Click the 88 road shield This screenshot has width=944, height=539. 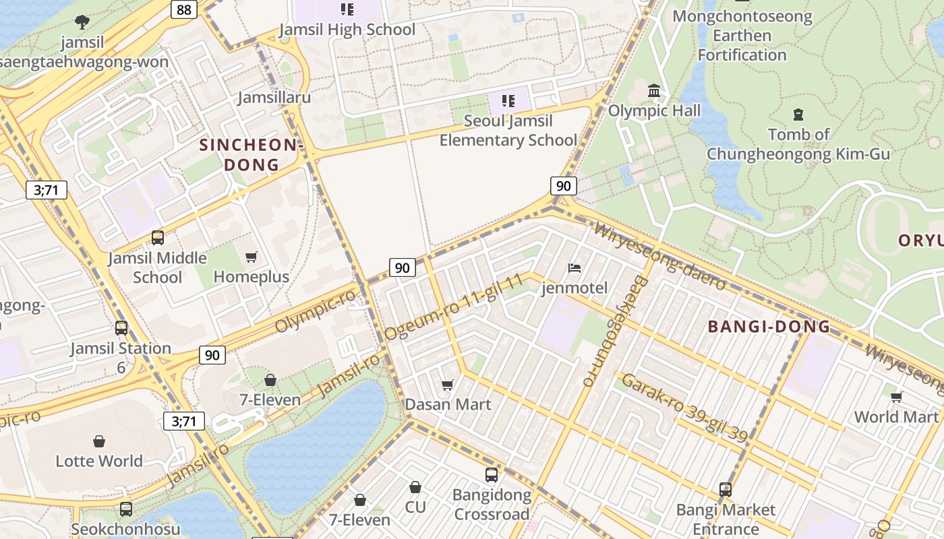[x=183, y=9]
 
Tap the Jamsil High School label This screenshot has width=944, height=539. [x=347, y=30]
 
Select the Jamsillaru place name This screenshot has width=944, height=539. [x=274, y=98]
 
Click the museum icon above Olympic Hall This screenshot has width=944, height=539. [x=654, y=91]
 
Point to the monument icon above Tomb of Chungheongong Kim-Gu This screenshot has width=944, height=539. [x=798, y=115]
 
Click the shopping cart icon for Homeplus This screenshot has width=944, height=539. [x=252, y=257]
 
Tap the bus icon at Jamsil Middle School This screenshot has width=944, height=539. [x=158, y=238]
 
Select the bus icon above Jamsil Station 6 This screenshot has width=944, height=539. [x=121, y=328]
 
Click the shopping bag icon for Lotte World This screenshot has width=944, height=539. [x=99, y=441]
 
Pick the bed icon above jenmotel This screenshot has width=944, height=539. [x=574, y=268]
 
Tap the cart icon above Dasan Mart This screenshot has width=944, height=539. [x=447, y=385]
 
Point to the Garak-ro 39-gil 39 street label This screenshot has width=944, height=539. [x=684, y=408]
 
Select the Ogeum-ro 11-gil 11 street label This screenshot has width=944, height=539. [x=454, y=307]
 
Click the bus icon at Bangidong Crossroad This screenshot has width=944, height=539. [x=492, y=475]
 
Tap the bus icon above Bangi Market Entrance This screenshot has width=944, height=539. [x=726, y=490]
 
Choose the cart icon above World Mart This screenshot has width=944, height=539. [x=896, y=397]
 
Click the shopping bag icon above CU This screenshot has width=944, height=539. [x=415, y=487]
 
